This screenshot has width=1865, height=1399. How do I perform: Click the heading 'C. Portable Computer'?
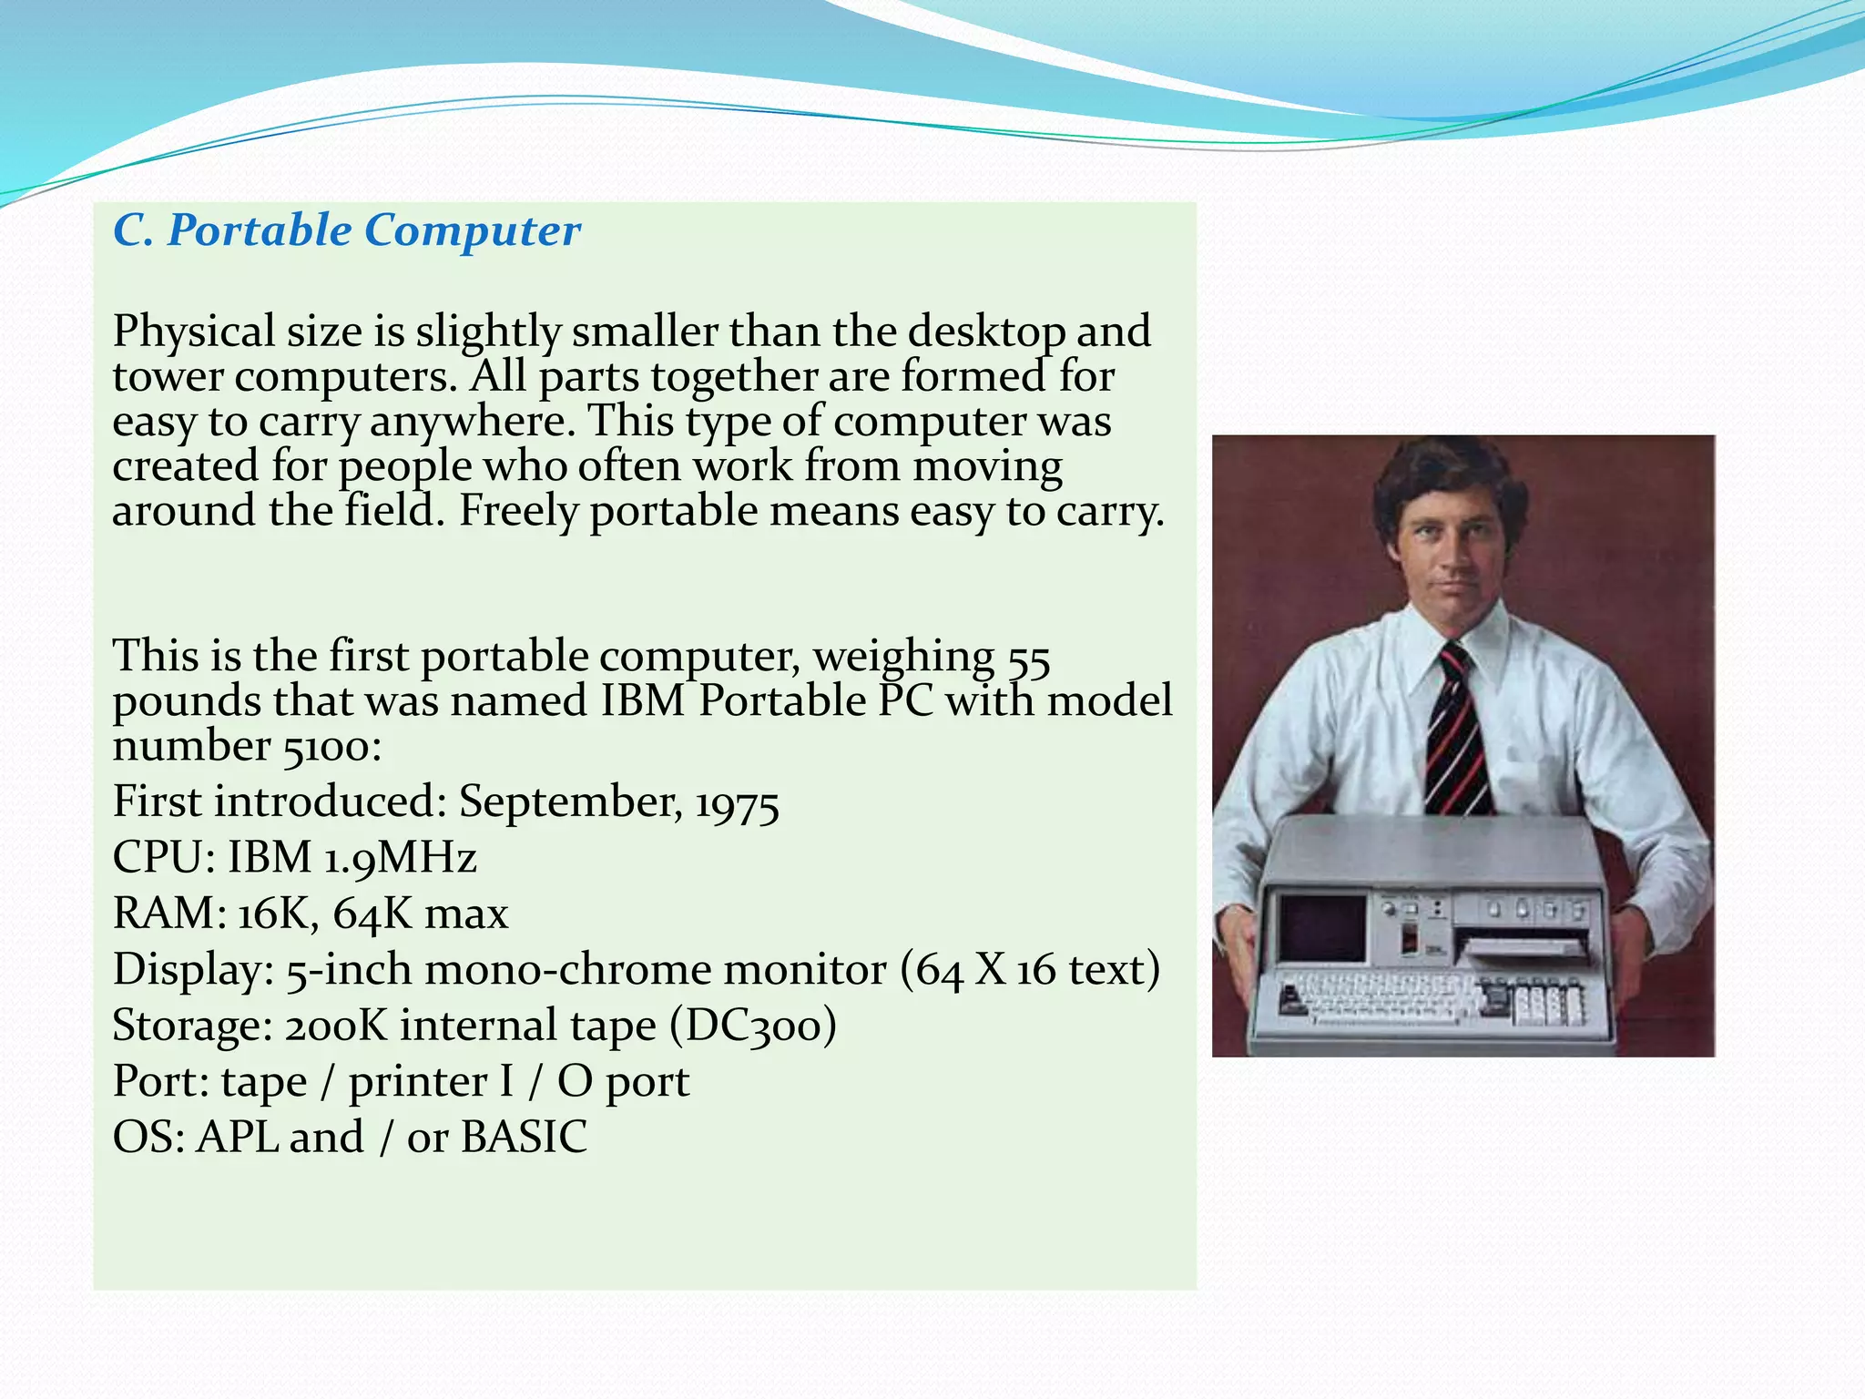346,230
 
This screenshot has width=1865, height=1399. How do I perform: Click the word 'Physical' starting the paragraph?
193,332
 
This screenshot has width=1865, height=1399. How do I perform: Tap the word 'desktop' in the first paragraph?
986,332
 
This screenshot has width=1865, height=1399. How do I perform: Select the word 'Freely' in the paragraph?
517,511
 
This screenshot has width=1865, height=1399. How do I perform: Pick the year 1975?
737,804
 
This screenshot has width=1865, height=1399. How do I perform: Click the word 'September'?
569,802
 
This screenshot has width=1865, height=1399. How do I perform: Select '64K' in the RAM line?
372,914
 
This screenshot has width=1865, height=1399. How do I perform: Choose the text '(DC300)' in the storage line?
753,1026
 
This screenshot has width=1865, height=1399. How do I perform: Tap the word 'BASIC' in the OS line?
524,1138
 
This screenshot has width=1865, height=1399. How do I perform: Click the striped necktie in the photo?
1457,729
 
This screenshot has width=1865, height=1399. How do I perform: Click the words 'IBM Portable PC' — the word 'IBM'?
642,702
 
